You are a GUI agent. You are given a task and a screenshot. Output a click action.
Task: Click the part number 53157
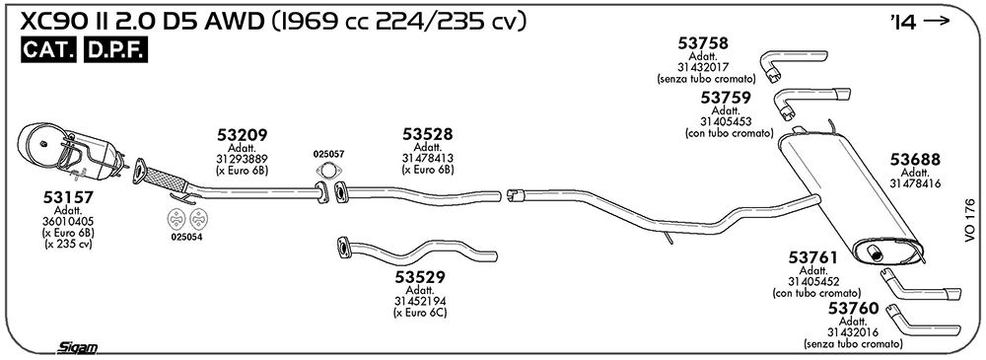68,197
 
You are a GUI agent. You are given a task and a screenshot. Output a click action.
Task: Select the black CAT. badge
49,51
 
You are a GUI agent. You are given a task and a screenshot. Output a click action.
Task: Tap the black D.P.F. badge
115,51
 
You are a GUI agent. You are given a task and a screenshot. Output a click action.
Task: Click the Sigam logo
77,347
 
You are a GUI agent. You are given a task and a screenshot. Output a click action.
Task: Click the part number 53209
243,135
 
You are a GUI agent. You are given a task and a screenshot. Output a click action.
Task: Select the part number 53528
428,134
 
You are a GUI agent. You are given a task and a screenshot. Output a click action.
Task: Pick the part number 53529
420,277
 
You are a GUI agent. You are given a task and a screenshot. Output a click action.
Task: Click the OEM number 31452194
420,302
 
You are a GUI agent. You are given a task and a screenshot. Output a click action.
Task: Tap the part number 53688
915,160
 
